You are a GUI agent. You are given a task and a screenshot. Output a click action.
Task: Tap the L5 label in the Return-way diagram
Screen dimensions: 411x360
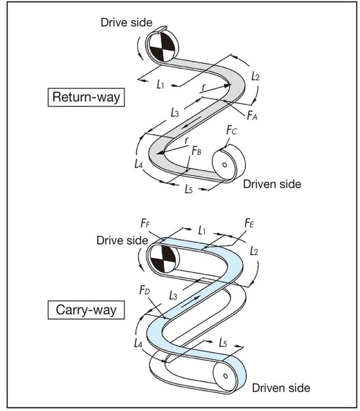click(x=188, y=189)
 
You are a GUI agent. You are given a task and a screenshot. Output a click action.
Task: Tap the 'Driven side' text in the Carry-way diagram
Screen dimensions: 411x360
click(x=281, y=387)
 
